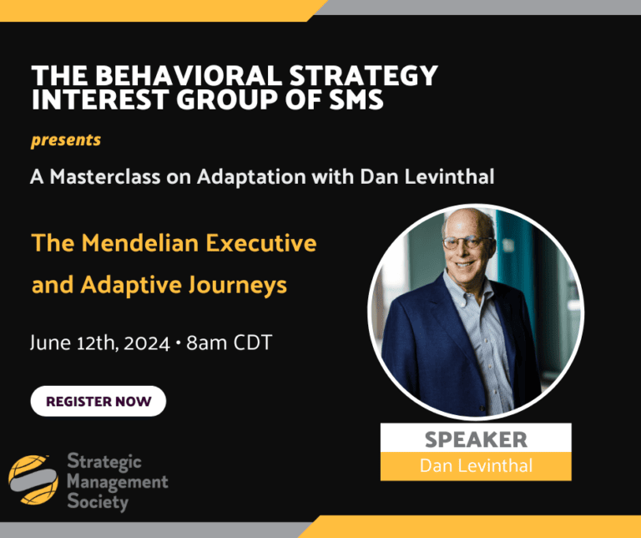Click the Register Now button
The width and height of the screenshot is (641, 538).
coord(98,401)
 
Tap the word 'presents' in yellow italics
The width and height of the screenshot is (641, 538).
coord(66,140)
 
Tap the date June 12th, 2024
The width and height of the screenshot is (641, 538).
coord(99,343)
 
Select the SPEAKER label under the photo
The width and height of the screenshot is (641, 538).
coord(476,439)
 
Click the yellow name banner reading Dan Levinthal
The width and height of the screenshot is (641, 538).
coord(476,465)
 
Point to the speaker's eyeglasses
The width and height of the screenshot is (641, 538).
coord(466,243)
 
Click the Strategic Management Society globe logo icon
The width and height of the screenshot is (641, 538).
coord(33,480)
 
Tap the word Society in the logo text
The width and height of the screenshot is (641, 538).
coord(97,503)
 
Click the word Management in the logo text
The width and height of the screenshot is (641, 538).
coord(116,482)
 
